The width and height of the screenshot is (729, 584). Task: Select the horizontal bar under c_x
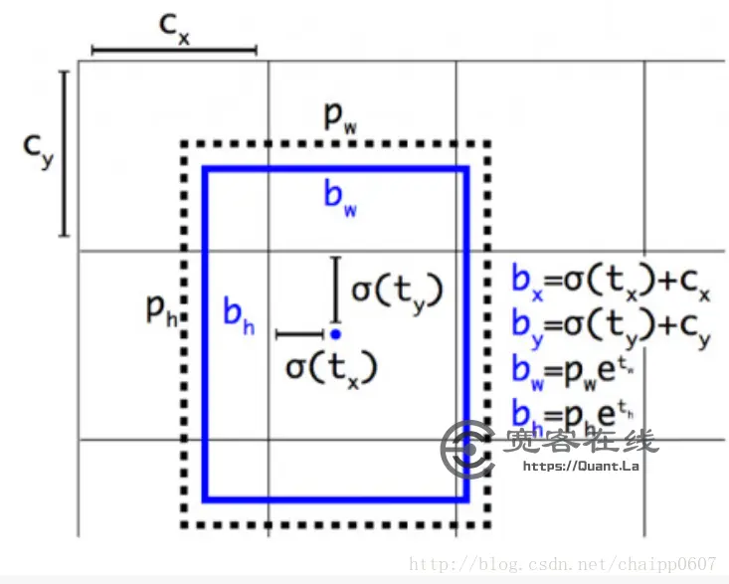pos(174,49)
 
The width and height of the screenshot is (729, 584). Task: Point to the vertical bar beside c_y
pos(65,153)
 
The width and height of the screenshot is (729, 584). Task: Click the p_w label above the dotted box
pos(339,117)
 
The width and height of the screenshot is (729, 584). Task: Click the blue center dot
pos(336,334)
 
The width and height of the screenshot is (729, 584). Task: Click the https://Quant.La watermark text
pos(580,465)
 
